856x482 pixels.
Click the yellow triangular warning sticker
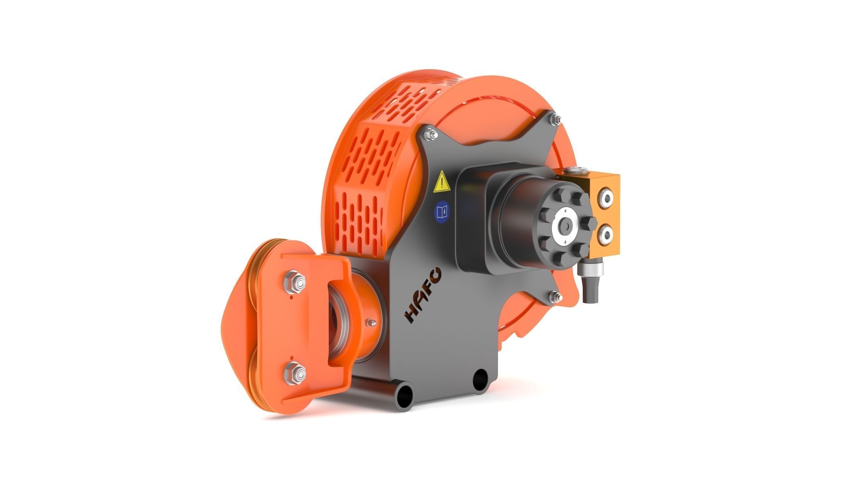pos(441,182)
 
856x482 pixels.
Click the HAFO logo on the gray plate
pos(424,295)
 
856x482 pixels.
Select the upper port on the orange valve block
pos(606,198)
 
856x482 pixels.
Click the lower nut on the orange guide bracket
pos(295,374)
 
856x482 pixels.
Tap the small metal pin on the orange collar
pos(372,322)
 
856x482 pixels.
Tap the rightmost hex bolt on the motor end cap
pos(589,225)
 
